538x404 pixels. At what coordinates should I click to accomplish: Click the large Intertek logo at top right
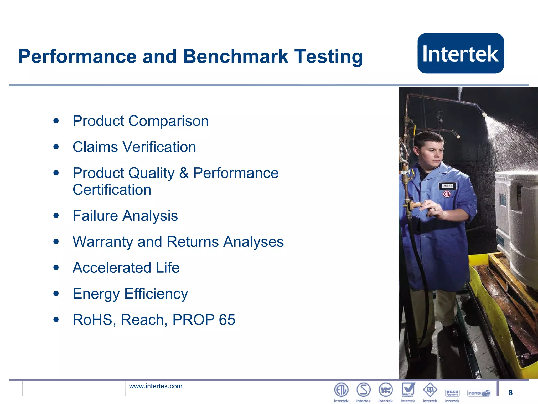coord(461,53)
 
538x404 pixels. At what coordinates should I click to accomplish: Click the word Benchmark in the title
coord(235,56)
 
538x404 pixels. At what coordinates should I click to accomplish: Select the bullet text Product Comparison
coord(141,121)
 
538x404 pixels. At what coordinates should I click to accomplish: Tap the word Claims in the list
coord(95,147)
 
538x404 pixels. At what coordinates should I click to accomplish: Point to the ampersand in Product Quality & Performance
coord(184,173)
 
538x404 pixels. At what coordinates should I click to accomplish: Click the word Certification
coord(112,190)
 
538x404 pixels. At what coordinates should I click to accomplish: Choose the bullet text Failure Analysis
coord(125,216)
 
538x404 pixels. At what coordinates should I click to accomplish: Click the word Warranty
coord(102,242)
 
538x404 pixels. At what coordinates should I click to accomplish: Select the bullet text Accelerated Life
coord(126,268)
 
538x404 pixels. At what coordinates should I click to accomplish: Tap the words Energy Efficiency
coord(130,294)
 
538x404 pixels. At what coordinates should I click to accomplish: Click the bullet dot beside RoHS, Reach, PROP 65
coord(56,320)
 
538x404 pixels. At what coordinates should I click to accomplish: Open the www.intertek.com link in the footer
coord(156,386)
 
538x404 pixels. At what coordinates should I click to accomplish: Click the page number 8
coord(510,392)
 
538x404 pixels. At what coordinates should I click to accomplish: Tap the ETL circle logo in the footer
coord(341,390)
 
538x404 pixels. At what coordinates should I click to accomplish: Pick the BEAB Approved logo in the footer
coord(452,393)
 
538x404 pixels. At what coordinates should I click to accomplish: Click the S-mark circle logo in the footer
coord(363,390)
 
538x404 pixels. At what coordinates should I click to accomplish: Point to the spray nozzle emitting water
coord(484,114)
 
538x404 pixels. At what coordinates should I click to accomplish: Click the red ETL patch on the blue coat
coord(447,194)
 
